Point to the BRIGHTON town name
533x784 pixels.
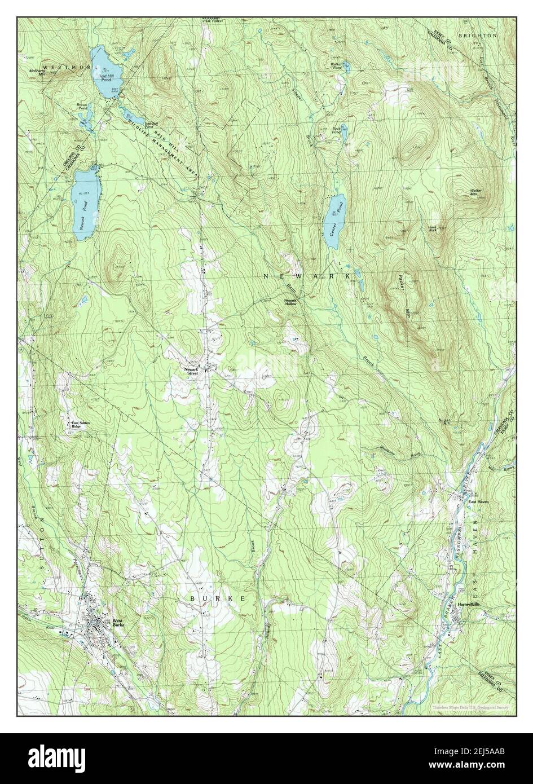click(477, 36)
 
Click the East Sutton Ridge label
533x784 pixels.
click(80, 424)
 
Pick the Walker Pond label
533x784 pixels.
click(338, 65)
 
